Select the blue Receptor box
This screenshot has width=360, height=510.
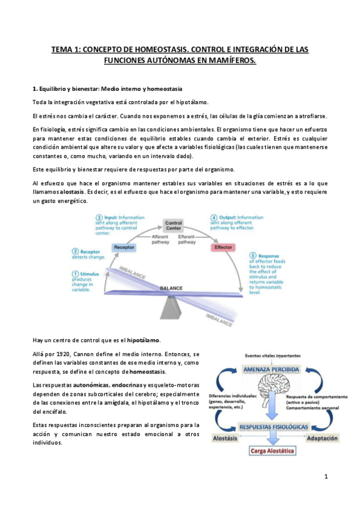[123, 247]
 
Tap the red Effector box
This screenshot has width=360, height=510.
[223, 247]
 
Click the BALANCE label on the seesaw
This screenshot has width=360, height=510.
[171, 289]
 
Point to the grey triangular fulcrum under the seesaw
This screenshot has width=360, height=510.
[171, 307]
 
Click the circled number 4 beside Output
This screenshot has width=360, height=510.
[213, 217]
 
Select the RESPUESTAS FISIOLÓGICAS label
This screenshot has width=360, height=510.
[273, 426]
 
